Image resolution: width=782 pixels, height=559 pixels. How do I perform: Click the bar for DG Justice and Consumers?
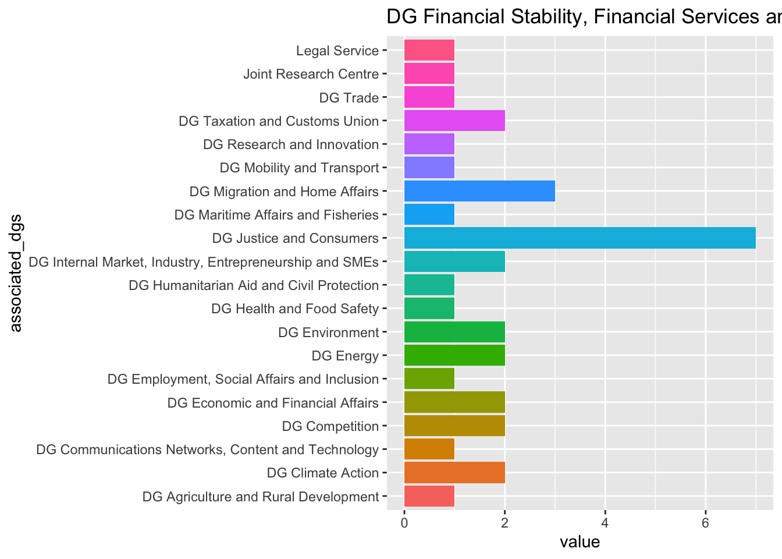pyautogui.click(x=580, y=238)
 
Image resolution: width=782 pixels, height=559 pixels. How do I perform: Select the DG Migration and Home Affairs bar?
pyautogui.click(x=479, y=191)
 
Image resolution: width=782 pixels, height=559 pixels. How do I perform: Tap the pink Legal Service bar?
pyautogui.click(x=429, y=51)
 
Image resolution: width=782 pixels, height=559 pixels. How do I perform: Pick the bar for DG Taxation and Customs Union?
pyautogui.click(x=454, y=121)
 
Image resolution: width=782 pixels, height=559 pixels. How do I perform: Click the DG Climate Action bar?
pyautogui.click(x=454, y=473)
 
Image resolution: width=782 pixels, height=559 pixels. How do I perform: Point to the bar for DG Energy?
pyautogui.click(x=454, y=355)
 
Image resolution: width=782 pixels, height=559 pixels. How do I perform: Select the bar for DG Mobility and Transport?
pyautogui.click(x=429, y=168)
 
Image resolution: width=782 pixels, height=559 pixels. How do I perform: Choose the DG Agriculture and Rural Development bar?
pyautogui.click(x=429, y=497)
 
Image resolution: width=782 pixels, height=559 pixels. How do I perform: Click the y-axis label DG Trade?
pyautogui.click(x=349, y=98)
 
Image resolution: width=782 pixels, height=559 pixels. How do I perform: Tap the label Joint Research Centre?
pyautogui.click(x=311, y=74)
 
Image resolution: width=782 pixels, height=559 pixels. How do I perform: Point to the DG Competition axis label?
pyautogui.click(x=330, y=426)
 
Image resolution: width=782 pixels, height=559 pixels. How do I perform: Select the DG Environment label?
pyautogui.click(x=328, y=332)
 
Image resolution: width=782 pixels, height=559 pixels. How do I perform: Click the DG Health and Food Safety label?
pyautogui.click(x=295, y=309)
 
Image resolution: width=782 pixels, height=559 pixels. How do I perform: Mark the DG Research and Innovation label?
pyautogui.click(x=291, y=144)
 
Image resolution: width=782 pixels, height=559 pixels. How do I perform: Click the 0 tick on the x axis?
pyautogui.click(x=404, y=522)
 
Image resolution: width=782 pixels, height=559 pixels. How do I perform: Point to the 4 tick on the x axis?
pyautogui.click(x=605, y=522)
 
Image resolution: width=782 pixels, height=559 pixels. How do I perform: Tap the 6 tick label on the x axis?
pyautogui.click(x=706, y=522)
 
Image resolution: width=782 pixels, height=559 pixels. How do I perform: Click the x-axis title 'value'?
pyautogui.click(x=580, y=543)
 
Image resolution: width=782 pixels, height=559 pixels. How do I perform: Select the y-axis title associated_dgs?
pyautogui.click(x=16, y=273)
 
